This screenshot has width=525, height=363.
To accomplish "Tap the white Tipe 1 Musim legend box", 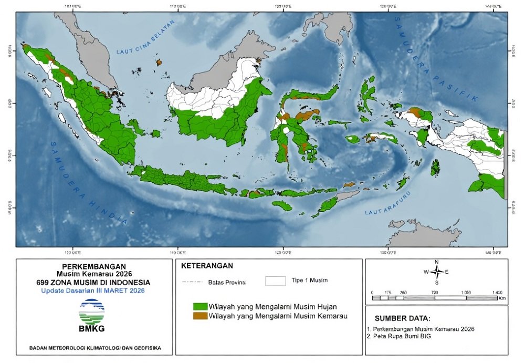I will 275,281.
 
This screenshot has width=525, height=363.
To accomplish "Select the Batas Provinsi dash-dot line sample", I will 193,282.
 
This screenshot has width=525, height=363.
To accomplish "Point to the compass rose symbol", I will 436,272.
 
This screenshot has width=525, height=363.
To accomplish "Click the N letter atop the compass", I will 436,262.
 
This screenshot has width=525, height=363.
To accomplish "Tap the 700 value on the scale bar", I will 435,292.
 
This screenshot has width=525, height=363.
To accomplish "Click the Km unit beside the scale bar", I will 502,298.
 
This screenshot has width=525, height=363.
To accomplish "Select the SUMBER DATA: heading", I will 403,318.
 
